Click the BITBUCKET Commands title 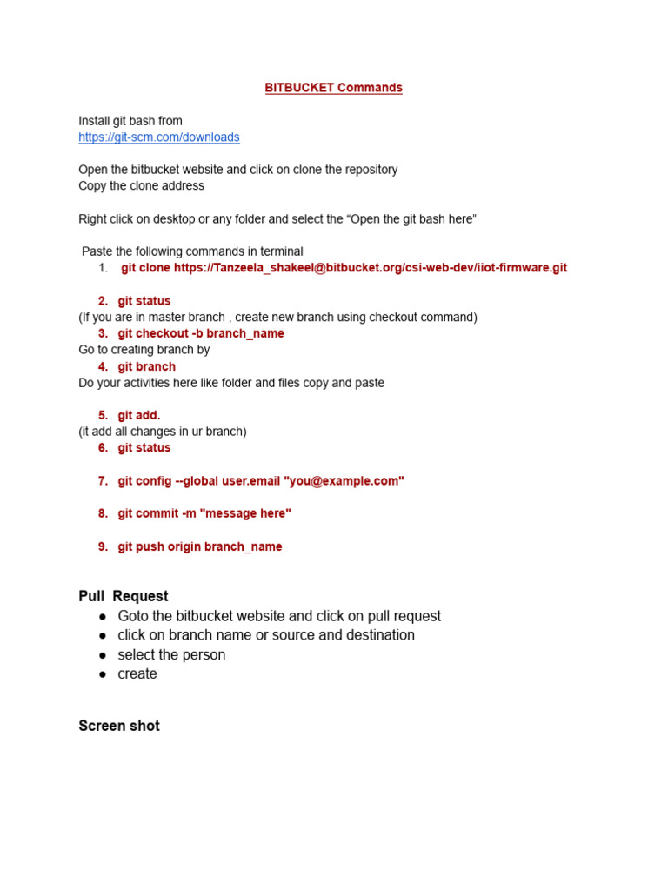pos(333,88)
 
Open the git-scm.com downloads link pos(159,137)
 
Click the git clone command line pos(344,268)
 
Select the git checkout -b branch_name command pos(201,333)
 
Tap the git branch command pos(146,366)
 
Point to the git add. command pos(139,415)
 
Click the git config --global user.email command pos(261,481)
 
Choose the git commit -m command pos(204,513)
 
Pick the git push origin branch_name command pos(200,546)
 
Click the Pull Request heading pos(124,596)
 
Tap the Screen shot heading pos(119,726)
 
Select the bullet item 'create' pos(137,673)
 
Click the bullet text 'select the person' pos(171,654)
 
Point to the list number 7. pos(103,481)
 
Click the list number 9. pos(103,546)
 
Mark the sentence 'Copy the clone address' pos(142,186)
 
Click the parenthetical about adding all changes pos(163,432)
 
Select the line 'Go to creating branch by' pos(144,350)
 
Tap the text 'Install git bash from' pos(130,121)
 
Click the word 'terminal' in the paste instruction pos(281,251)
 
